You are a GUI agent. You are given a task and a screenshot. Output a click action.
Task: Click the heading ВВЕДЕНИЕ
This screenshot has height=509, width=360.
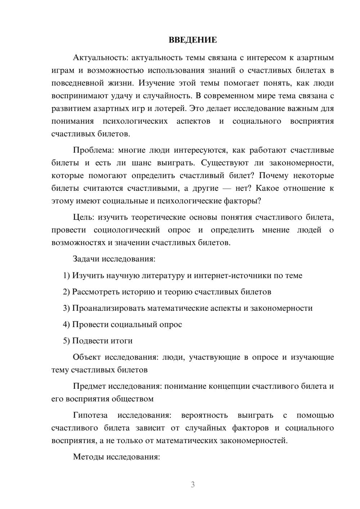pos(193,40)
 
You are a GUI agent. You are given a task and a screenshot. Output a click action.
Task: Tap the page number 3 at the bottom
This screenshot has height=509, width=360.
pos(193,485)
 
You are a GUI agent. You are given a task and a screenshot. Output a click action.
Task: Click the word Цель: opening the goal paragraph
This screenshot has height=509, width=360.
pos(84,217)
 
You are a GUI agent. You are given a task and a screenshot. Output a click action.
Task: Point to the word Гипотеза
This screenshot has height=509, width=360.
pos(90,415)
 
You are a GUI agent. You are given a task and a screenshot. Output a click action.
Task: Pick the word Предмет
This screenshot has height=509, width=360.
pos(89,386)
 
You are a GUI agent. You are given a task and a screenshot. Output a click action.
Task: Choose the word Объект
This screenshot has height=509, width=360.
pos(86,357)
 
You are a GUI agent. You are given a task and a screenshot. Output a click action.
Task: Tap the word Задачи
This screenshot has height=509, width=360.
pos(86,259)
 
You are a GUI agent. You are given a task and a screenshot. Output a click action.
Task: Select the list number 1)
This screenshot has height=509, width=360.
pos(67,275)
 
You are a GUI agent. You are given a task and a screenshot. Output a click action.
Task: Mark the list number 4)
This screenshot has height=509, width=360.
pos(67,324)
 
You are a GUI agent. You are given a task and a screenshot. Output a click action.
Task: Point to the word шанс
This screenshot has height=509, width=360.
pos(141,163)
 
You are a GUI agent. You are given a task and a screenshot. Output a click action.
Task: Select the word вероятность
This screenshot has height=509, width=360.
pos(204,415)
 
